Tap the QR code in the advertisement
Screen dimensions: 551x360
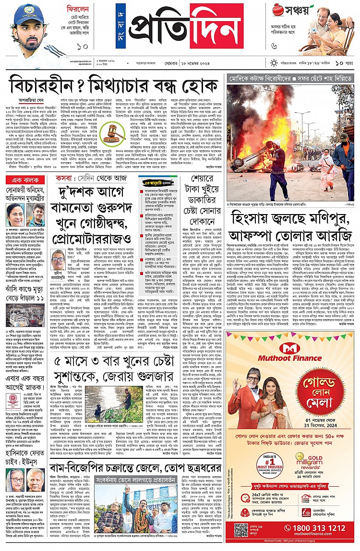[x=241, y=529]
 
